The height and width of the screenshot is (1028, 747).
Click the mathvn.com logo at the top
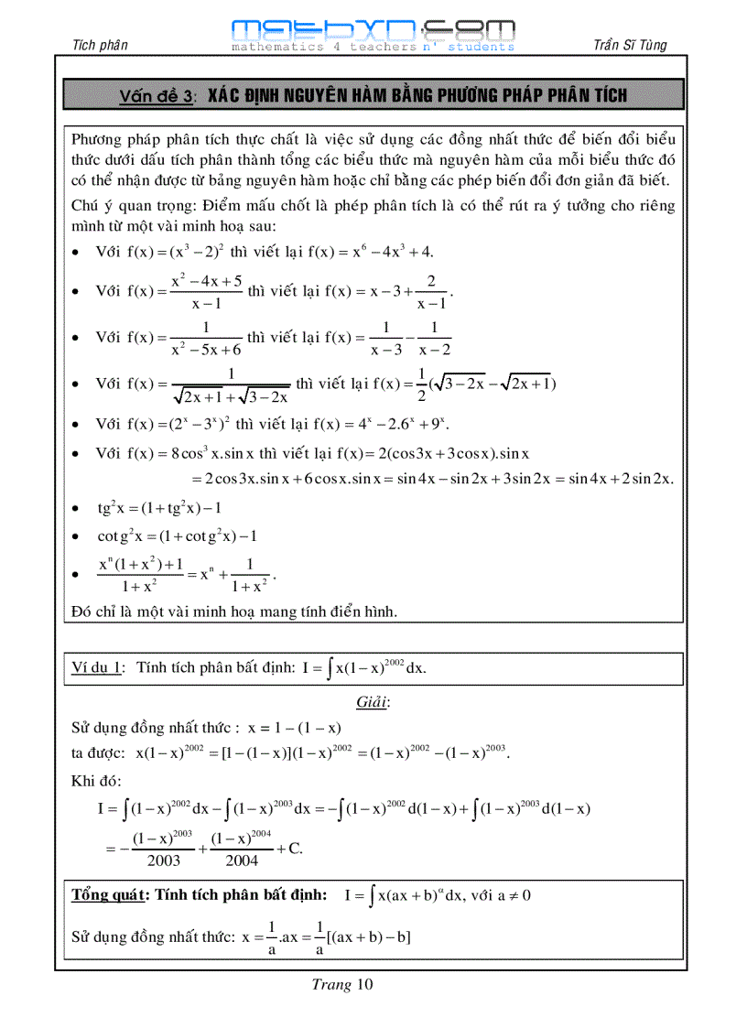click(373, 33)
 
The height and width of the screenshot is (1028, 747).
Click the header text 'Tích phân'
click(99, 45)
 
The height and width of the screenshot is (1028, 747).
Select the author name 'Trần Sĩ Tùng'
click(630, 45)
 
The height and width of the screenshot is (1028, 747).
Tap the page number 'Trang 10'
click(342, 985)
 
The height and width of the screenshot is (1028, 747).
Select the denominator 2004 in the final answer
click(234, 860)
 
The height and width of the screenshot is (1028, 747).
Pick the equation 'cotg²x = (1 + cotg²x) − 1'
click(177, 536)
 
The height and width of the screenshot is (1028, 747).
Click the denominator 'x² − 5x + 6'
click(206, 350)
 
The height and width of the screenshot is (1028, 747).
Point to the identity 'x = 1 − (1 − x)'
click(291, 728)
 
